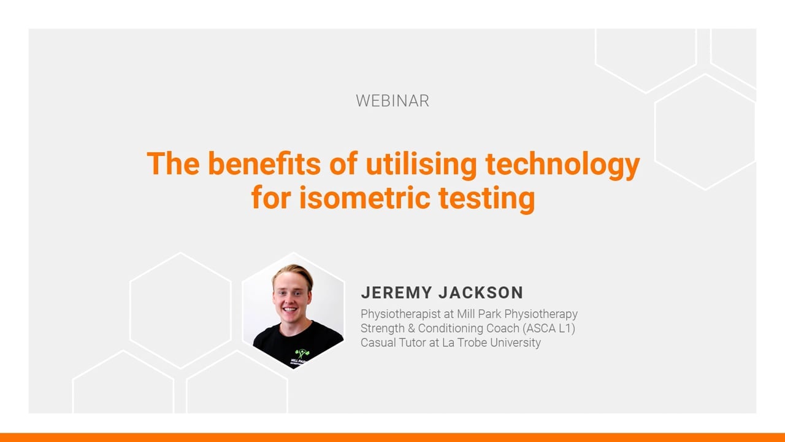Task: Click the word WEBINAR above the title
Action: pos(392,101)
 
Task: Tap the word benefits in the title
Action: pos(264,163)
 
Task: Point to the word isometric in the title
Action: pos(364,198)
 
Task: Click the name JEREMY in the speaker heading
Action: pos(397,293)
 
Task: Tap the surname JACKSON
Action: pos(481,293)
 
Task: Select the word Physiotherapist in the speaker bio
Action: pos(400,314)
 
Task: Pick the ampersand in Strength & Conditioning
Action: pos(412,328)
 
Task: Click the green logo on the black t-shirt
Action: pos(301,353)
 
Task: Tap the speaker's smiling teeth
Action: pos(290,309)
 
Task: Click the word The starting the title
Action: pos(173,163)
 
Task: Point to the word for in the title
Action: pos(271,198)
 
